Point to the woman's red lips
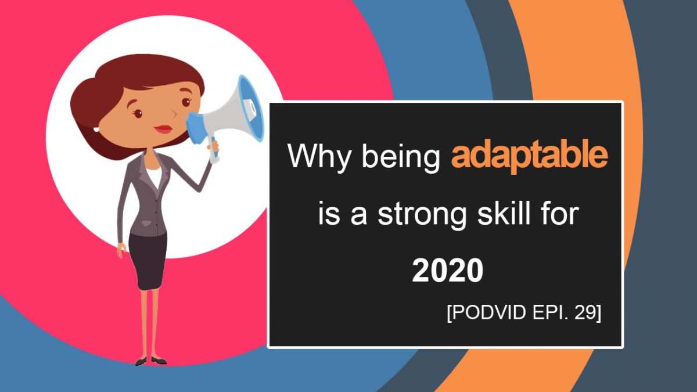point(163,128)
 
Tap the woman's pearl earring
point(97,129)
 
